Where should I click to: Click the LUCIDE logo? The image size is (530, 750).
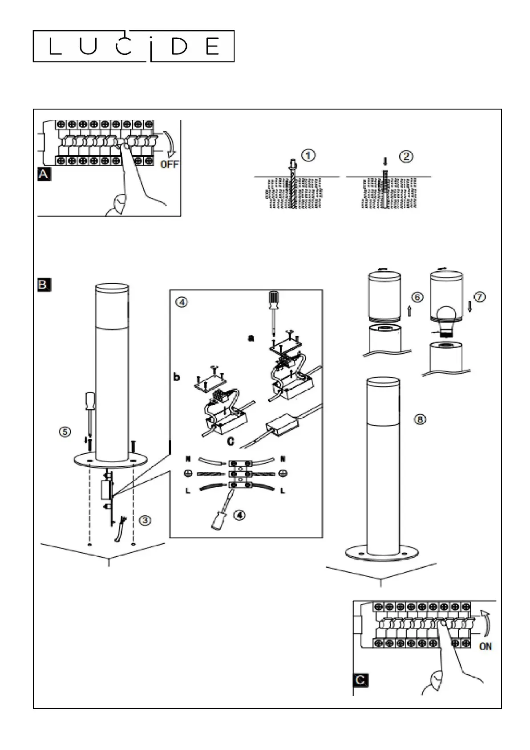tap(134, 46)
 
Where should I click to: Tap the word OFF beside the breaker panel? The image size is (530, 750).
tap(170, 164)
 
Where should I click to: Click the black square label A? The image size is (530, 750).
tap(44, 175)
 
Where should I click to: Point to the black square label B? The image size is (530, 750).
tap(44, 285)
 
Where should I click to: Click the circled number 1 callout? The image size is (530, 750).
tap(308, 155)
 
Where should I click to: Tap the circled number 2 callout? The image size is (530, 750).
tap(406, 156)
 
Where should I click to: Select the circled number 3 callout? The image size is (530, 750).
tap(145, 520)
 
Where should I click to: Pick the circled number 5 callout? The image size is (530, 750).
tap(65, 432)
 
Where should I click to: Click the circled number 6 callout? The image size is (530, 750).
tap(417, 297)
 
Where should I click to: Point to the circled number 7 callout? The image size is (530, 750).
tap(479, 297)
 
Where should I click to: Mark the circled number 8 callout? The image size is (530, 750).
tap(420, 419)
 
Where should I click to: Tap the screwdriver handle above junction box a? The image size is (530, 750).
tap(274, 299)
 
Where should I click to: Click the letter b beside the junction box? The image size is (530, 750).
tap(176, 377)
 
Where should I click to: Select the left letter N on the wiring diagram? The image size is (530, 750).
tap(188, 459)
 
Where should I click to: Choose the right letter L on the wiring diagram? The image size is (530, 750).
tap(283, 491)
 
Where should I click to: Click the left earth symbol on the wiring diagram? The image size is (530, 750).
tap(188, 473)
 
